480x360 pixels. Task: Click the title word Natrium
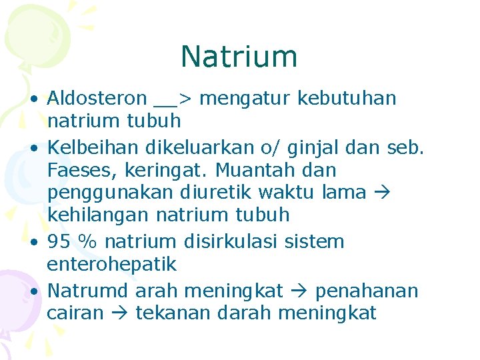(239, 57)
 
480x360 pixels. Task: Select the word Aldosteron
(97, 99)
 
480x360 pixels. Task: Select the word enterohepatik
(112, 264)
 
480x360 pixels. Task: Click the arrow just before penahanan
(298, 291)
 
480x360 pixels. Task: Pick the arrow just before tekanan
(119, 313)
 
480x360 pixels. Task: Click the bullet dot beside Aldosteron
(33, 100)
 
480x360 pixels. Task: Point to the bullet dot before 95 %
(33, 243)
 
